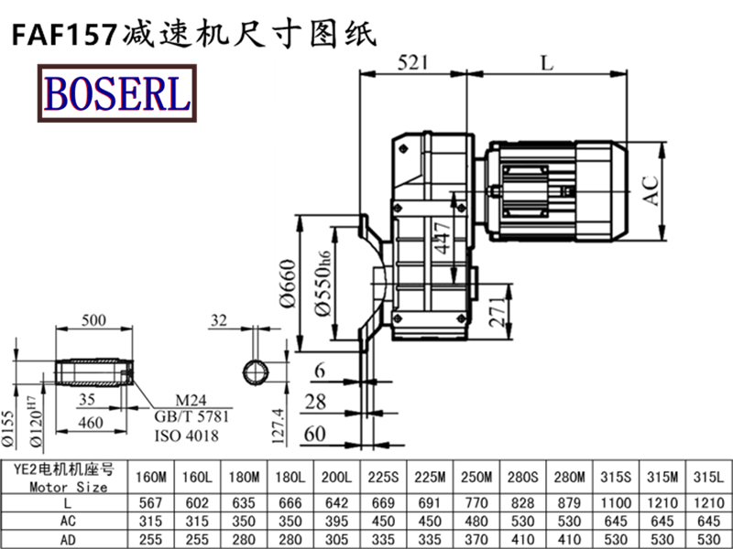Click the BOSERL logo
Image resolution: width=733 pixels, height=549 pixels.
(x=115, y=93)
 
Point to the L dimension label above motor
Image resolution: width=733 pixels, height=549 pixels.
(x=546, y=63)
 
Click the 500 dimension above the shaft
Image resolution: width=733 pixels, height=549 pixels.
(x=93, y=321)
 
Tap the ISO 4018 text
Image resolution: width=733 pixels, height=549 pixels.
(x=186, y=436)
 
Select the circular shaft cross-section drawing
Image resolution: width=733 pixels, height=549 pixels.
(x=256, y=372)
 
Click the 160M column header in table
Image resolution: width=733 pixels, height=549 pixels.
(x=150, y=478)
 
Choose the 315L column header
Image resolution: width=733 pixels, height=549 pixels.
(x=709, y=478)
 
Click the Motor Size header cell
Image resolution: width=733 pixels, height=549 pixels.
(x=67, y=478)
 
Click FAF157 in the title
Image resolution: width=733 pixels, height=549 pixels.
(x=62, y=34)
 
